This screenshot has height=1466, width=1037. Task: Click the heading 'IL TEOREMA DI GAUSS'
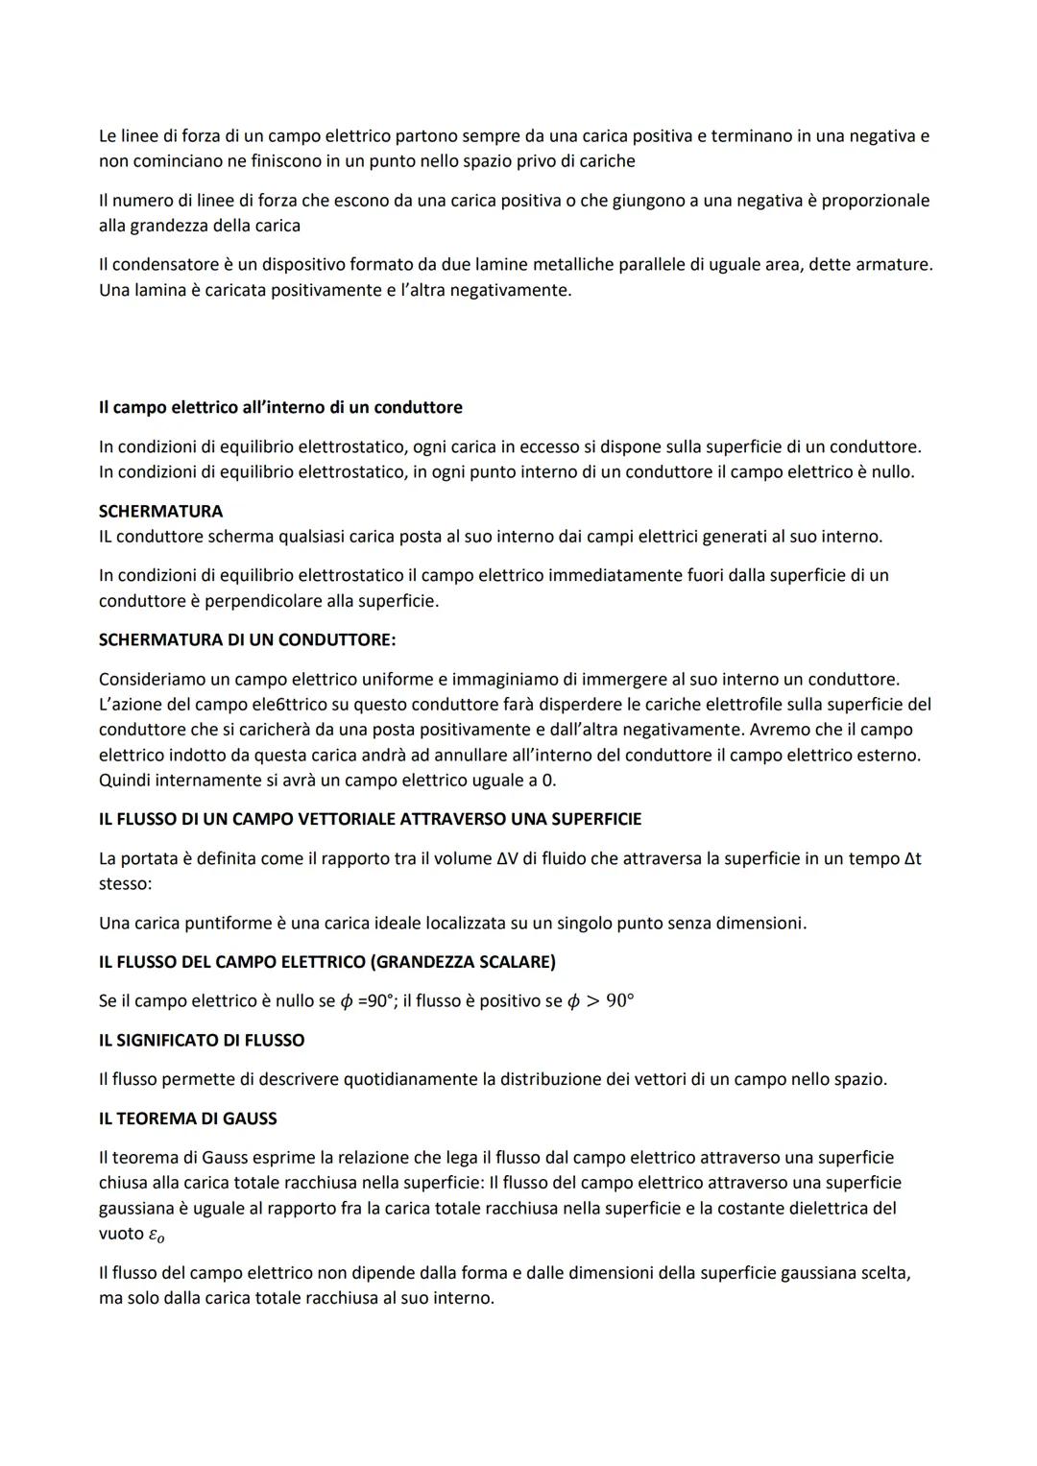pos(187,1118)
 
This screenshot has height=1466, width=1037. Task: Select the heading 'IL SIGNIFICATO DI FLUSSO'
pos(202,1040)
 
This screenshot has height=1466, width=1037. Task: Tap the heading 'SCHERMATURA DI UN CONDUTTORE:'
pos(247,639)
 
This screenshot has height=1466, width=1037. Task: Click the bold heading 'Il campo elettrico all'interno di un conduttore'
pos(280,407)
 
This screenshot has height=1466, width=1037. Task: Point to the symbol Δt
pos(912,858)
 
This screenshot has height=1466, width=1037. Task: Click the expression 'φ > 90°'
pos(600,1001)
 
